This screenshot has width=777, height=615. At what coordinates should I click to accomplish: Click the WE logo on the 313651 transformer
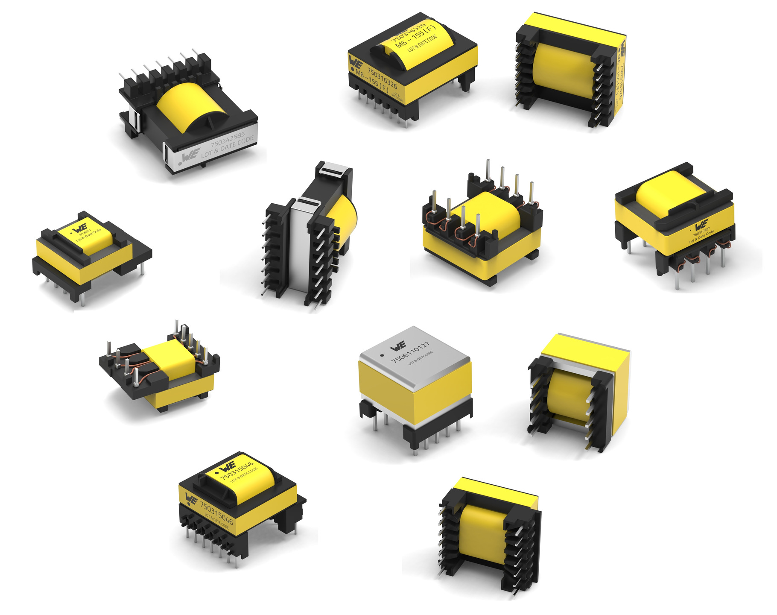point(80,227)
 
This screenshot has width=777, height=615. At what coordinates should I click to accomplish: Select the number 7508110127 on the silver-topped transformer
point(410,352)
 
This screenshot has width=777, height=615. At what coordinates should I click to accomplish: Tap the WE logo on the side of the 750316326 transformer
point(355,63)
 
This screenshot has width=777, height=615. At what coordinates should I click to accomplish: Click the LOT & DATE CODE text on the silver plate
point(227,146)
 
